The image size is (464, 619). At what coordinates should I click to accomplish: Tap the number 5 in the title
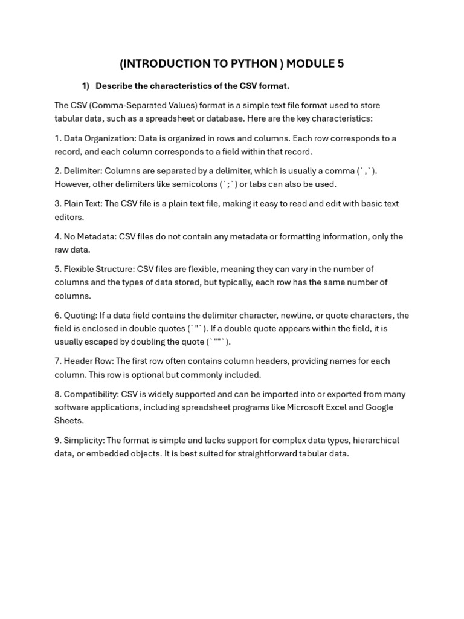tap(341, 63)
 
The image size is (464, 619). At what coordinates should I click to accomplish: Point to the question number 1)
tap(86, 85)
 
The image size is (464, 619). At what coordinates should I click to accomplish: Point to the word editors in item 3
tap(68, 217)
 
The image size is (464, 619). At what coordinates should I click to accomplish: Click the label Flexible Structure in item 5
tap(98, 269)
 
